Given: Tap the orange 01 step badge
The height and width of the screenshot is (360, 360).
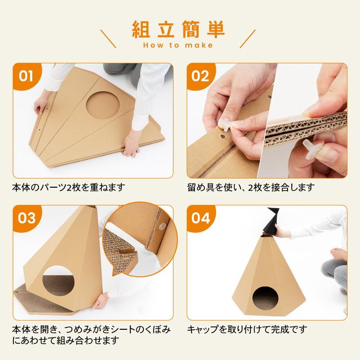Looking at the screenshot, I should click(26, 76).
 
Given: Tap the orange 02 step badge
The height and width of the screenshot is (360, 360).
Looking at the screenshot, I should click(201, 76).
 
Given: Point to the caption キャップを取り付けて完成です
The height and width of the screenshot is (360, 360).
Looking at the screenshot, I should click(247, 329).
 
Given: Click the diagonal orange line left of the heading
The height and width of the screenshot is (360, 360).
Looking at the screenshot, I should click(108, 38).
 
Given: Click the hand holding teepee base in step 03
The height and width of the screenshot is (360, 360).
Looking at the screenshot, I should click(100, 301).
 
